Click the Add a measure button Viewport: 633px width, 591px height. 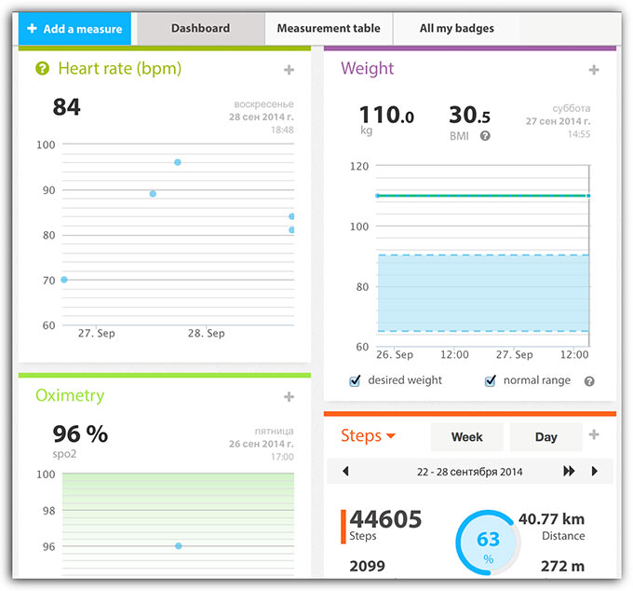pos(75,29)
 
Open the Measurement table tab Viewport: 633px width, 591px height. pos(329,29)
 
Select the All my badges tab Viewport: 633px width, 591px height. pos(456,29)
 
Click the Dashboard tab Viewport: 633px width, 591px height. pos(200,29)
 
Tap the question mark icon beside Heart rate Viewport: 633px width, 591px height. pos(42,68)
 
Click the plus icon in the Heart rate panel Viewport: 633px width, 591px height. pos(289,70)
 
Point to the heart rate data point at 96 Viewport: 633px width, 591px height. pos(178,162)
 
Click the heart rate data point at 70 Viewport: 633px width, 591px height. pos(63,280)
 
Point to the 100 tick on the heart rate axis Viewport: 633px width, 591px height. pos(46,144)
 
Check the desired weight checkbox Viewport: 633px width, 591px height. pos(355,380)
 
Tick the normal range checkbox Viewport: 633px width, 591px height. pos(490,380)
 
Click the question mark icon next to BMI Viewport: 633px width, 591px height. pos(485,136)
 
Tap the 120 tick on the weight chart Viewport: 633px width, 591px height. pos(358,166)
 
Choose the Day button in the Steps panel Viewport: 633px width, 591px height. pos(546,436)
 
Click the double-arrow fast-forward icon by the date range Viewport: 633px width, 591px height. pos(569,472)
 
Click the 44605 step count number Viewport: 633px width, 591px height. pos(385,519)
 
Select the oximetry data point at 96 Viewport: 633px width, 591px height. pos(178,545)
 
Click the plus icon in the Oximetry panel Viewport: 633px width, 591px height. pos(289,397)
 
